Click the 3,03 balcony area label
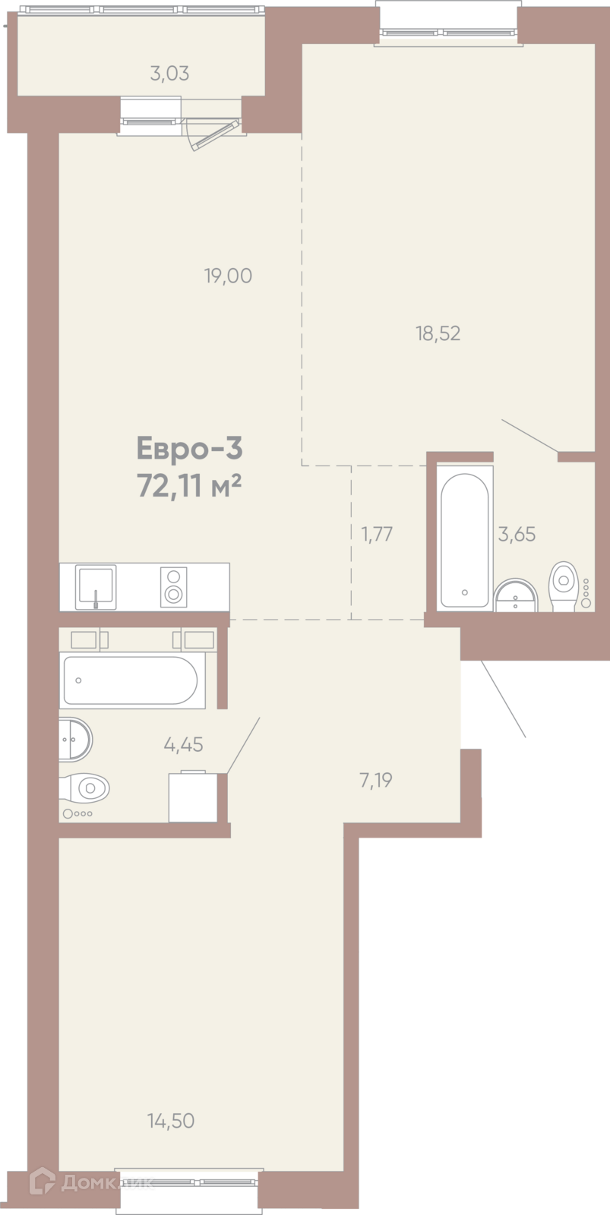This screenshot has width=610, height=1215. pyautogui.click(x=169, y=74)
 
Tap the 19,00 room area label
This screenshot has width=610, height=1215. pyautogui.click(x=228, y=276)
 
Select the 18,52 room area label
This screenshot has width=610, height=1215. pyautogui.click(x=438, y=333)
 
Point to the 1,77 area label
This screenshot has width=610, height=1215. pyautogui.click(x=378, y=535)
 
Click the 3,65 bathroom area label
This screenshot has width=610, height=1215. pyautogui.click(x=517, y=535)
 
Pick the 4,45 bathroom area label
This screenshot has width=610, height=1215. pyautogui.click(x=183, y=745)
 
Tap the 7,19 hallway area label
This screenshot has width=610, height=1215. pyautogui.click(x=376, y=781)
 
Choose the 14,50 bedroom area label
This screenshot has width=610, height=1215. pyautogui.click(x=171, y=1120)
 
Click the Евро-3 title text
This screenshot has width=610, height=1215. pyautogui.click(x=189, y=449)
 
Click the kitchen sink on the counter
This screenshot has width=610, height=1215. pyautogui.click(x=96, y=587)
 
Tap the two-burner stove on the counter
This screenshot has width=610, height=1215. pyautogui.click(x=174, y=587)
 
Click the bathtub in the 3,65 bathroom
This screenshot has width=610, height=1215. pyautogui.click(x=464, y=540)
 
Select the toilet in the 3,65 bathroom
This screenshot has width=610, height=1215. pyautogui.click(x=564, y=586)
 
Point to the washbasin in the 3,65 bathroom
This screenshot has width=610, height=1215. pyautogui.click(x=516, y=595)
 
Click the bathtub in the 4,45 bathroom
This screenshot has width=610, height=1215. pyautogui.click(x=130, y=680)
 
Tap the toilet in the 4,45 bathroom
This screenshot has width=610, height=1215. pyautogui.click(x=84, y=787)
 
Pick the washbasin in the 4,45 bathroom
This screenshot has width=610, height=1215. pyautogui.click(x=75, y=740)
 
